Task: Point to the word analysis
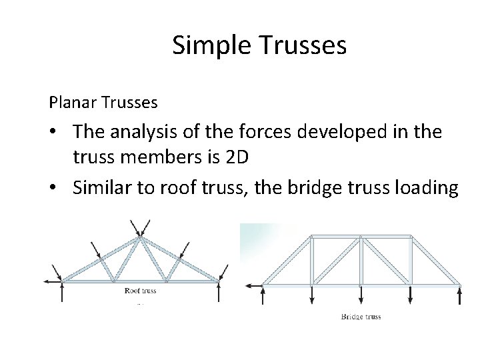(x=150, y=131)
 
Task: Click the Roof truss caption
(x=140, y=290)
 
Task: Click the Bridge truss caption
(x=361, y=317)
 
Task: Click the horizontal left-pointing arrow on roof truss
(x=51, y=281)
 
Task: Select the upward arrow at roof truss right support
(x=219, y=291)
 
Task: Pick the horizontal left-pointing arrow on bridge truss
(x=253, y=285)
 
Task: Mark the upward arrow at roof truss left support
(x=62, y=291)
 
